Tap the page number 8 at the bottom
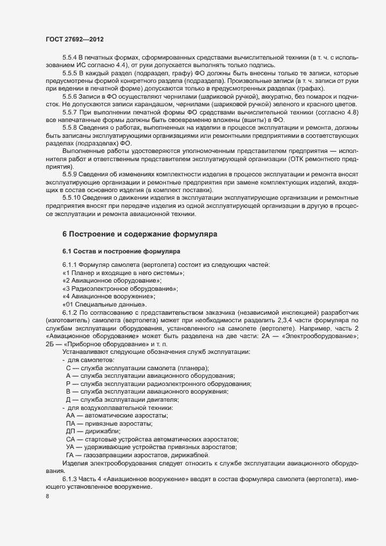[x=47, y=497]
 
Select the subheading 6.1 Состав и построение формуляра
[x=121, y=251]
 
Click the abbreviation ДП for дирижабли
[x=71, y=431]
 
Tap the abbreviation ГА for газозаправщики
[x=71, y=455]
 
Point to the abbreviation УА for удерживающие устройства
[x=71, y=447]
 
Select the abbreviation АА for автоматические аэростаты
[x=71, y=415]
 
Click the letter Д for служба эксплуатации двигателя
[x=68, y=399]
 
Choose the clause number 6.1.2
[x=69, y=312]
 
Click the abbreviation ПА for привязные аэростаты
[x=71, y=423]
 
